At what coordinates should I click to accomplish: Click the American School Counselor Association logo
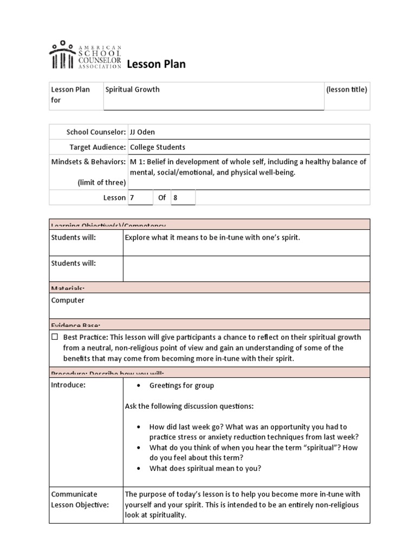pos(85,55)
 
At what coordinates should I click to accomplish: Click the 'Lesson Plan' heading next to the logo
pos(156,64)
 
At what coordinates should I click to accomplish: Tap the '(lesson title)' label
pos(347,89)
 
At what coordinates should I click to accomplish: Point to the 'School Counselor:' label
pos(96,132)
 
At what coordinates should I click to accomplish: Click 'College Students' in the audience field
pos(157,147)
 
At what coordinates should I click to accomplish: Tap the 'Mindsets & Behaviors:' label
pos(88,162)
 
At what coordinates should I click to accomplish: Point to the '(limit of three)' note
pos(101,183)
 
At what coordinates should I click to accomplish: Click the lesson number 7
pos(132,198)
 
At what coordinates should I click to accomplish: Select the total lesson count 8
pos(175,198)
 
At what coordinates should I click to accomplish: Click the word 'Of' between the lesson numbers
pos(162,198)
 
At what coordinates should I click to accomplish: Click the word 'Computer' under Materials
pos(68,300)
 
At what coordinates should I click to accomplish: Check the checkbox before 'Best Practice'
pos(55,337)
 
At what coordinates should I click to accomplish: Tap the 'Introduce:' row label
pos(68,385)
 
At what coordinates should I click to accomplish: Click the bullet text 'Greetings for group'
pos(181,385)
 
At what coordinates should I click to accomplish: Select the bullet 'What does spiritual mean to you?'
pos(205,468)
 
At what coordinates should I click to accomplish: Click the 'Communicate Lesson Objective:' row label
pos(80,499)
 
